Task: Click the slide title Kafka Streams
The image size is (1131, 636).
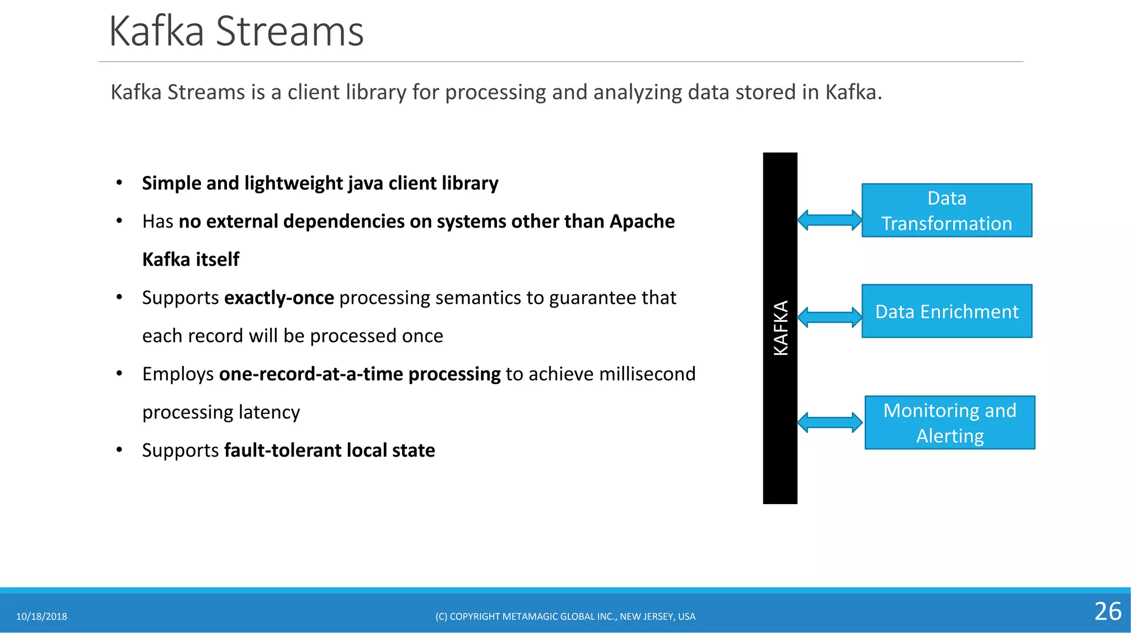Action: click(x=236, y=31)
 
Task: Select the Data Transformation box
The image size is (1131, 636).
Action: click(x=947, y=210)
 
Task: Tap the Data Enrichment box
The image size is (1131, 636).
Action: click(x=947, y=311)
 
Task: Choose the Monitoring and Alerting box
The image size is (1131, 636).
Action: click(x=949, y=423)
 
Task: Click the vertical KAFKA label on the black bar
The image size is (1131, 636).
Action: click(x=780, y=328)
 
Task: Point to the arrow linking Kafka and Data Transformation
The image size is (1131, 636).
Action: click(x=829, y=220)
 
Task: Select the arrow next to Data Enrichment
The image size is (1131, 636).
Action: click(x=829, y=317)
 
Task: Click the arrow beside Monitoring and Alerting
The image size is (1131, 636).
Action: click(x=829, y=423)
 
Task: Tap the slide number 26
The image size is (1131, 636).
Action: click(x=1107, y=612)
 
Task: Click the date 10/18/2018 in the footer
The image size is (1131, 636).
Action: click(x=41, y=617)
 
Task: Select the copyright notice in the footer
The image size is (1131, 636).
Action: click(x=565, y=617)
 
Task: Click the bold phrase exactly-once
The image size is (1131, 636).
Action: click(x=279, y=298)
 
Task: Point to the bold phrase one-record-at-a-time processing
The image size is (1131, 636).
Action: click(x=360, y=374)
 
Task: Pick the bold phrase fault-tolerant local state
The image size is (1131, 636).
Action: click(x=329, y=451)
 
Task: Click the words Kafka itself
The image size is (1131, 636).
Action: click(x=191, y=259)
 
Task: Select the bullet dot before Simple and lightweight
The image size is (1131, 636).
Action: click(x=119, y=183)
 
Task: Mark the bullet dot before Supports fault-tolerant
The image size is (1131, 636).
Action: click(x=119, y=450)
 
